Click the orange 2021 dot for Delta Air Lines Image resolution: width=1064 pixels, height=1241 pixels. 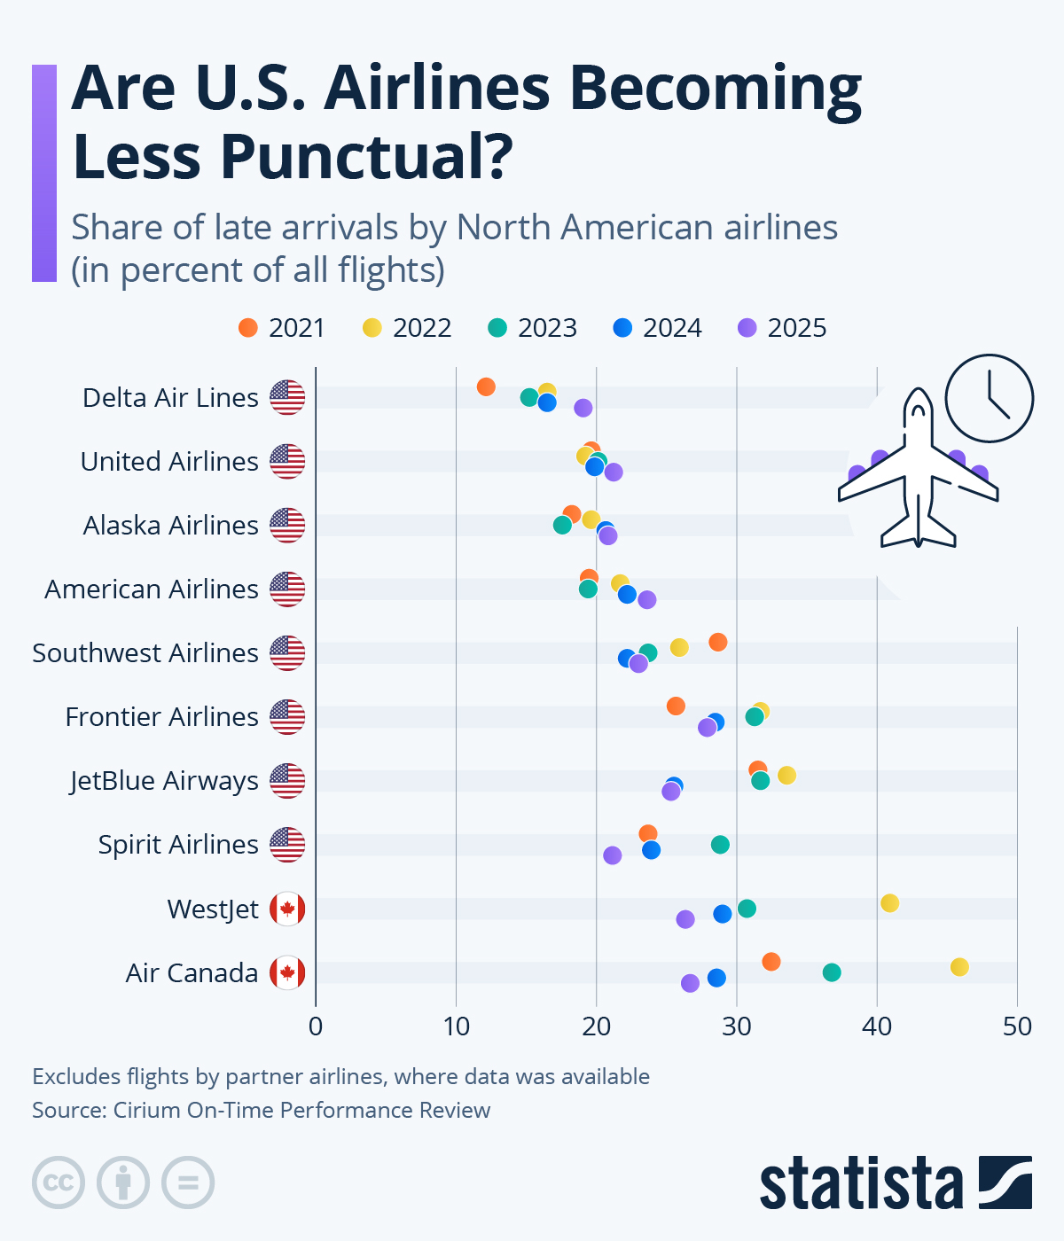click(486, 386)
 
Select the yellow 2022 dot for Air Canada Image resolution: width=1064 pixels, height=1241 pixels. click(959, 966)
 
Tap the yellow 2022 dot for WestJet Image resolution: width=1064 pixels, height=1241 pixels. click(890, 902)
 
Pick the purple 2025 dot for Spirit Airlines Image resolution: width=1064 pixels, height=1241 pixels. click(613, 855)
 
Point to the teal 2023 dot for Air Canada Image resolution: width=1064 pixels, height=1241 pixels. click(832, 972)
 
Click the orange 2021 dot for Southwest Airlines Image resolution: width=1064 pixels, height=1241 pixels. click(718, 642)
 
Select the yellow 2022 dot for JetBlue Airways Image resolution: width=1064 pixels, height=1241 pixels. click(786, 775)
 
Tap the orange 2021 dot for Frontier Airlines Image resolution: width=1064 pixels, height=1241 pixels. click(676, 706)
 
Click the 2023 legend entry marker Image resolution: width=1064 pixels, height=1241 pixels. click(497, 328)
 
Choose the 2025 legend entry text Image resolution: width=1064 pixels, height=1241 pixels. click(796, 328)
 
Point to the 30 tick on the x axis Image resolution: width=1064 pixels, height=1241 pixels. click(737, 1026)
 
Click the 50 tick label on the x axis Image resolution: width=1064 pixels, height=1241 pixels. click(1017, 1026)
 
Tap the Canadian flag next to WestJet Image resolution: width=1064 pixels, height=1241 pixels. click(287, 909)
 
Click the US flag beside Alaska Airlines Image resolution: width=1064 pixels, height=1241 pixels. click(287, 526)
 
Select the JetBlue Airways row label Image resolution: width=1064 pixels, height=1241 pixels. click(164, 781)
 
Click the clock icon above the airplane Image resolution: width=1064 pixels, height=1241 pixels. click(989, 398)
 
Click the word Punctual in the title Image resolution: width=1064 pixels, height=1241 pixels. click(366, 156)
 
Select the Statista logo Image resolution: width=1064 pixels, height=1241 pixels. click(896, 1182)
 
